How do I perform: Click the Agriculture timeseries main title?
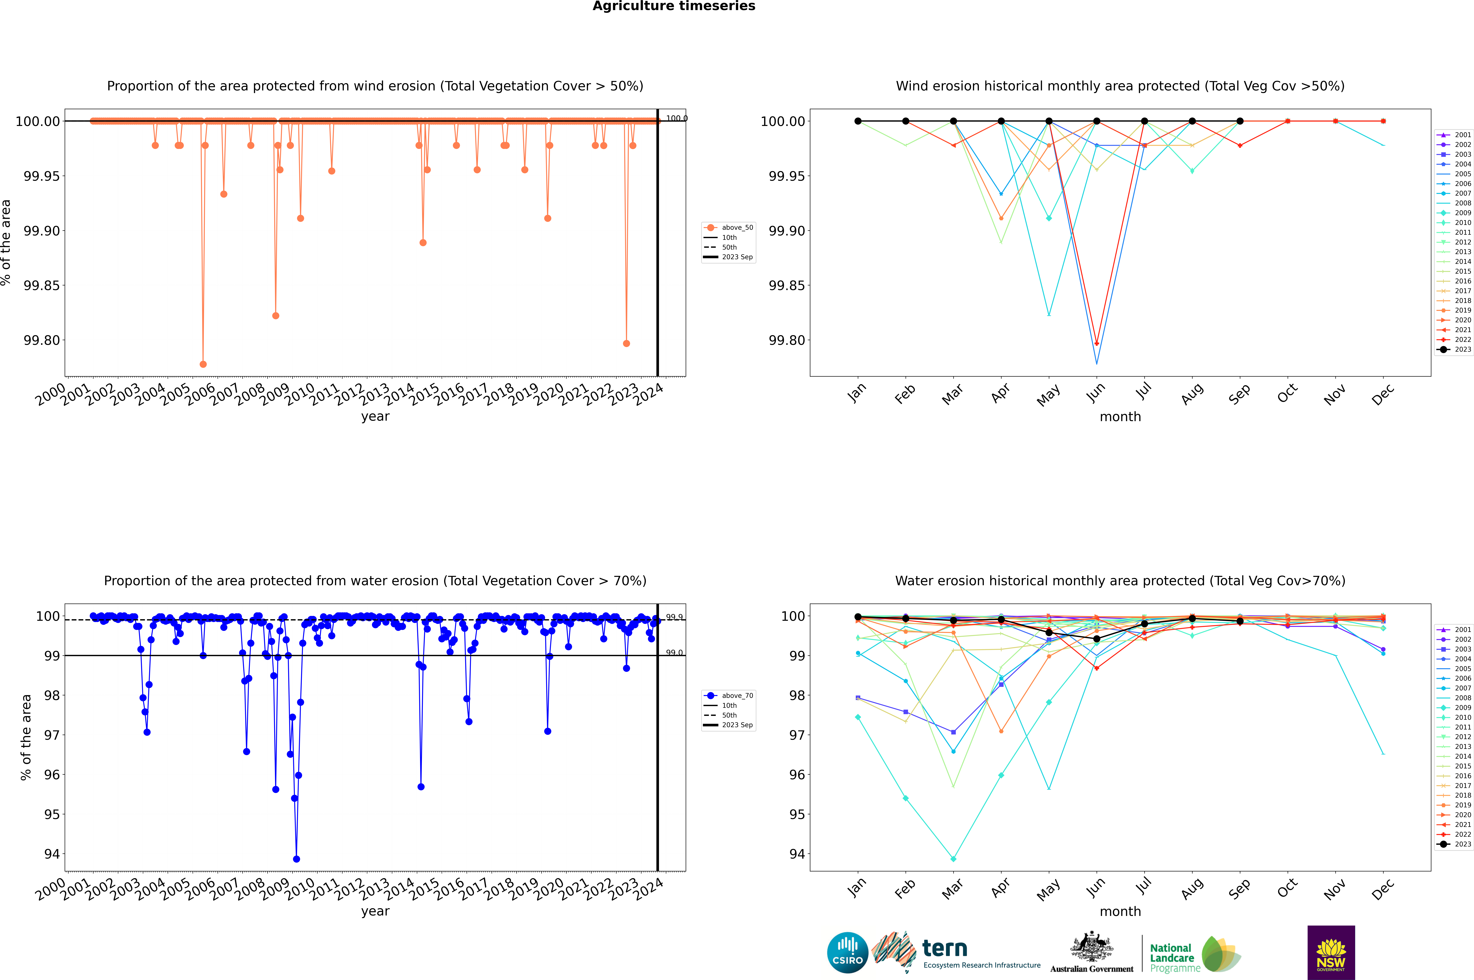pyautogui.click(x=674, y=6)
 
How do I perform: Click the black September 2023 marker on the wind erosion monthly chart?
pyautogui.click(x=1240, y=121)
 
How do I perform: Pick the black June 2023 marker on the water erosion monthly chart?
pyautogui.click(x=1097, y=639)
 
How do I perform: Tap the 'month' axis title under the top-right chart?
pyautogui.click(x=1120, y=417)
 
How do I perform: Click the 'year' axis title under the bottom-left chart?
pyautogui.click(x=375, y=911)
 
